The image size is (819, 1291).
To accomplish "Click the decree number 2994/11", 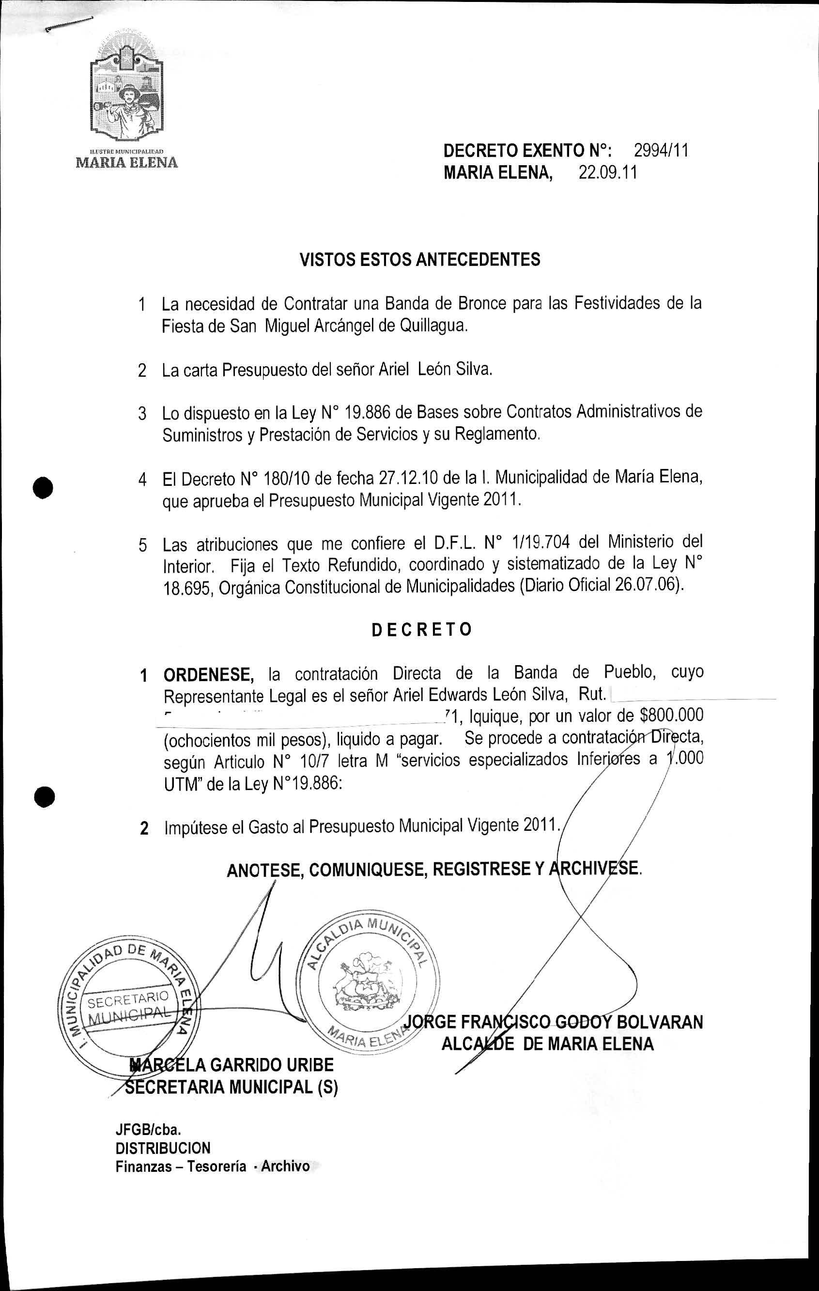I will click(661, 151).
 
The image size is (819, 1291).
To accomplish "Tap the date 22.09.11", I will click(608, 173).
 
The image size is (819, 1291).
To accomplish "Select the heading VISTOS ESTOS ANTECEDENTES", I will click(420, 260).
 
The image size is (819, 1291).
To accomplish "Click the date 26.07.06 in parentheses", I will click(647, 585).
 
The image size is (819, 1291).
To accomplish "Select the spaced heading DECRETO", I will click(422, 629).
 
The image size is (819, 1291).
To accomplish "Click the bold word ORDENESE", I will click(208, 674).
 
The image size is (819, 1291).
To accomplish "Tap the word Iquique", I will click(493, 717).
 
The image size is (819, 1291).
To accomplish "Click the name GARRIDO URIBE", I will click(272, 1065).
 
